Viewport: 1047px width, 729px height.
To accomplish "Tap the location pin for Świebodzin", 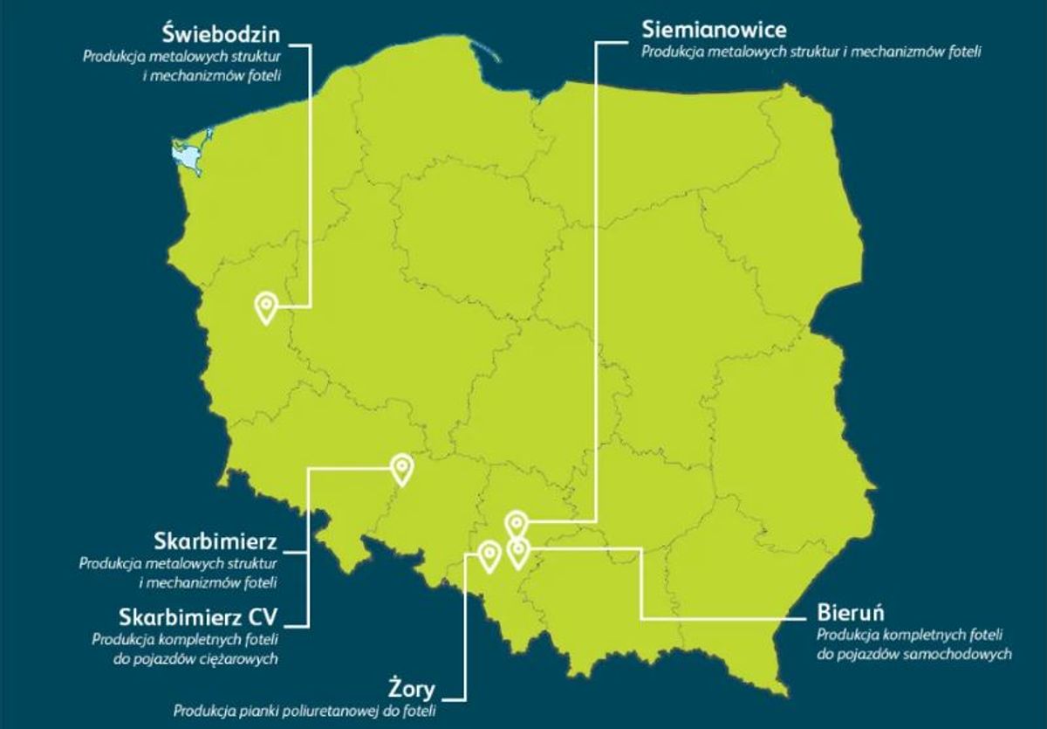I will (266, 307).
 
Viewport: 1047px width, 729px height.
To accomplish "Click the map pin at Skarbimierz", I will (401, 468).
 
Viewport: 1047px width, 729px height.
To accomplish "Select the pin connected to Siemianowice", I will (517, 524).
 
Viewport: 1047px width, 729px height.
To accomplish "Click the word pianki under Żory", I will (252, 710).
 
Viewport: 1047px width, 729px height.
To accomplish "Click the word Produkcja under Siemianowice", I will (672, 52).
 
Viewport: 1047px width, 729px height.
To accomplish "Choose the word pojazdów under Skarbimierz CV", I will (168, 659).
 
